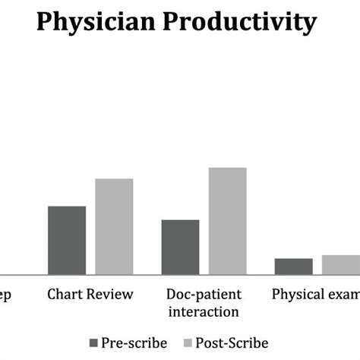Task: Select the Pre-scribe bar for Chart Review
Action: [67, 240]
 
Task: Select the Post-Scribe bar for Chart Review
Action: [114, 226]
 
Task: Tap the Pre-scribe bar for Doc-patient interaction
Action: [181, 247]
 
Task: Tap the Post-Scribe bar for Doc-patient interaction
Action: [228, 220]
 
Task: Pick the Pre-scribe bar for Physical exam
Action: [293, 266]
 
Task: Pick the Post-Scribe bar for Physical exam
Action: [340, 264]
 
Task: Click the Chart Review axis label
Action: [90, 294]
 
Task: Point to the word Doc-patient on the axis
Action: [204, 294]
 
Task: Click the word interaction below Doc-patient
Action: [204, 311]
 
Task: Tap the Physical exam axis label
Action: [315, 294]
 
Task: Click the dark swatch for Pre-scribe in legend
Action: [95, 343]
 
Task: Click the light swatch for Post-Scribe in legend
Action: [188, 343]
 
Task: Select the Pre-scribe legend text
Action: [135, 343]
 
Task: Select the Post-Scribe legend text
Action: [232, 343]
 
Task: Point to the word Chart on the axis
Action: [64, 294]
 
